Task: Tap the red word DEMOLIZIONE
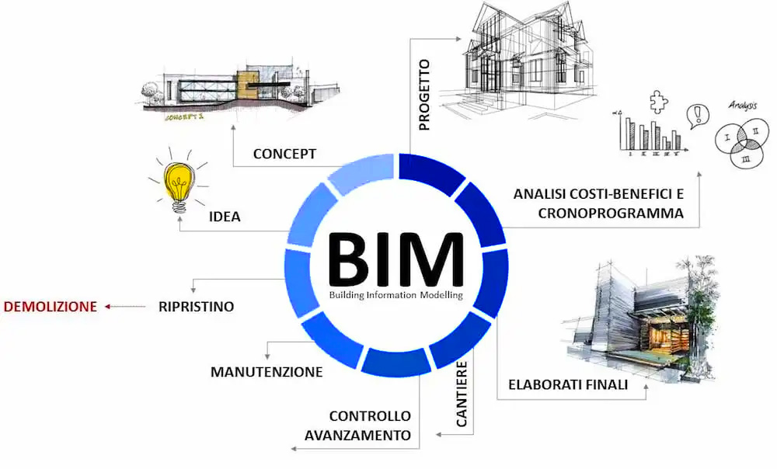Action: [50, 307]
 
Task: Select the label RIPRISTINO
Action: [197, 307]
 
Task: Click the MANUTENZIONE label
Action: [267, 372]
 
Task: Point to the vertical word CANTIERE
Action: [462, 394]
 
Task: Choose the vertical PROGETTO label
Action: [424, 95]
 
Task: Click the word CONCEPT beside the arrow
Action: [284, 154]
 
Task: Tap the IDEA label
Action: [225, 217]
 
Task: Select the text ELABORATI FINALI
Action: [568, 385]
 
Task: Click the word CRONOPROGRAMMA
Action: [611, 214]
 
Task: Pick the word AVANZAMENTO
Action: [357, 436]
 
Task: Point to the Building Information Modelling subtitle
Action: [396, 295]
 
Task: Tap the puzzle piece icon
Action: [659, 102]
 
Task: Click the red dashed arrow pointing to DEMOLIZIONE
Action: [125, 307]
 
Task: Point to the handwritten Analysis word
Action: [743, 106]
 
